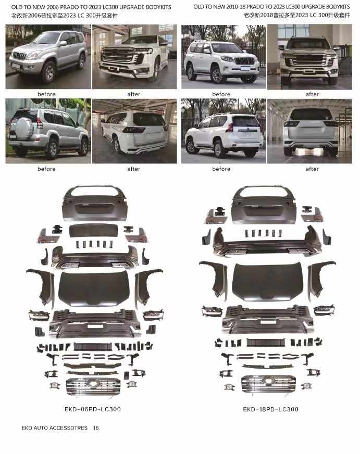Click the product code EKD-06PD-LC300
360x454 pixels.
click(93, 409)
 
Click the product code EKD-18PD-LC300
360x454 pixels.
click(270, 409)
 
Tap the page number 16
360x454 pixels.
click(96, 428)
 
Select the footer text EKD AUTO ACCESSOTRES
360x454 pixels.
click(55, 428)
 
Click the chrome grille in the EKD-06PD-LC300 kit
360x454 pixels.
click(93, 386)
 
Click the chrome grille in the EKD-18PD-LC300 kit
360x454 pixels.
click(268, 384)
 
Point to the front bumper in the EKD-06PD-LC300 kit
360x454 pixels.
click(95, 323)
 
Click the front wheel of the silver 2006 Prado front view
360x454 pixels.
click(48, 72)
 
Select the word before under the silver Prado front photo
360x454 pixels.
click(46, 94)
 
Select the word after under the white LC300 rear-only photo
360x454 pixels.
click(312, 169)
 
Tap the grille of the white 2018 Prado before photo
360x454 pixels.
click(244, 61)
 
